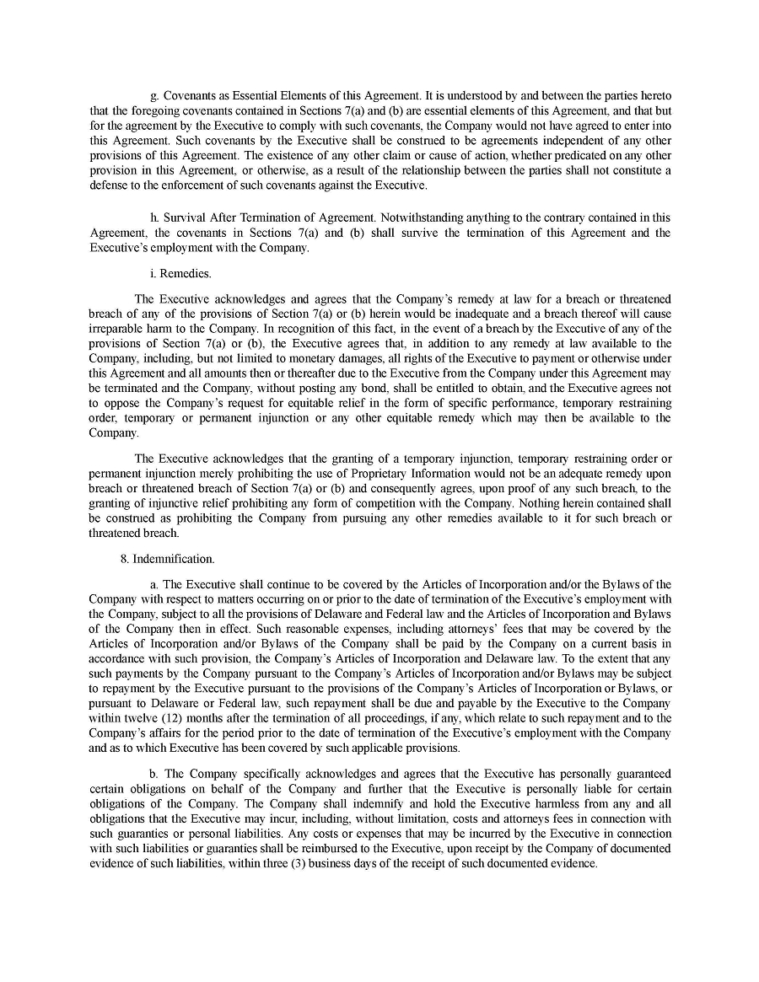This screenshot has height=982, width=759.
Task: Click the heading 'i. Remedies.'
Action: (x=180, y=273)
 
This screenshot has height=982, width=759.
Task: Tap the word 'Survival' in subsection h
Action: (x=186, y=217)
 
